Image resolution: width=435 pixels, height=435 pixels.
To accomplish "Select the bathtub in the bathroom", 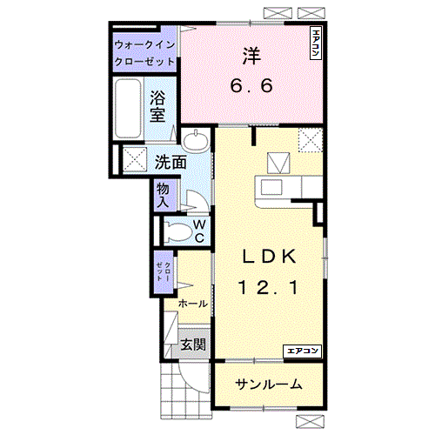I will (129, 110).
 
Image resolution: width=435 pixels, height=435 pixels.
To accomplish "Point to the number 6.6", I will (252, 86).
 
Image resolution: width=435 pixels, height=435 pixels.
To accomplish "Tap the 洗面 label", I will (171, 161).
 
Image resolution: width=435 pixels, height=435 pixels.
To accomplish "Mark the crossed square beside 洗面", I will (135, 159).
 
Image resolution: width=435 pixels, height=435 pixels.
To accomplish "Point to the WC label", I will (199, 231).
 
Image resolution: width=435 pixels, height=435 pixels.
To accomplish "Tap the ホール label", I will (191, 304).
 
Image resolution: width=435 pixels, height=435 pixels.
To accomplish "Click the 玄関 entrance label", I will (193, 345).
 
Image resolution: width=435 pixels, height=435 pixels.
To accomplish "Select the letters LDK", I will (270, 257).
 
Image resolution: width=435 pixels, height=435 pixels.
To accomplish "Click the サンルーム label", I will (268, 384).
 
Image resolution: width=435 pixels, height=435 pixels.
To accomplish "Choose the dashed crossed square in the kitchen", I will (309, 139).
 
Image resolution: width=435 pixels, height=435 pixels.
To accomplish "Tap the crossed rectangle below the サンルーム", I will (309, 421).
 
